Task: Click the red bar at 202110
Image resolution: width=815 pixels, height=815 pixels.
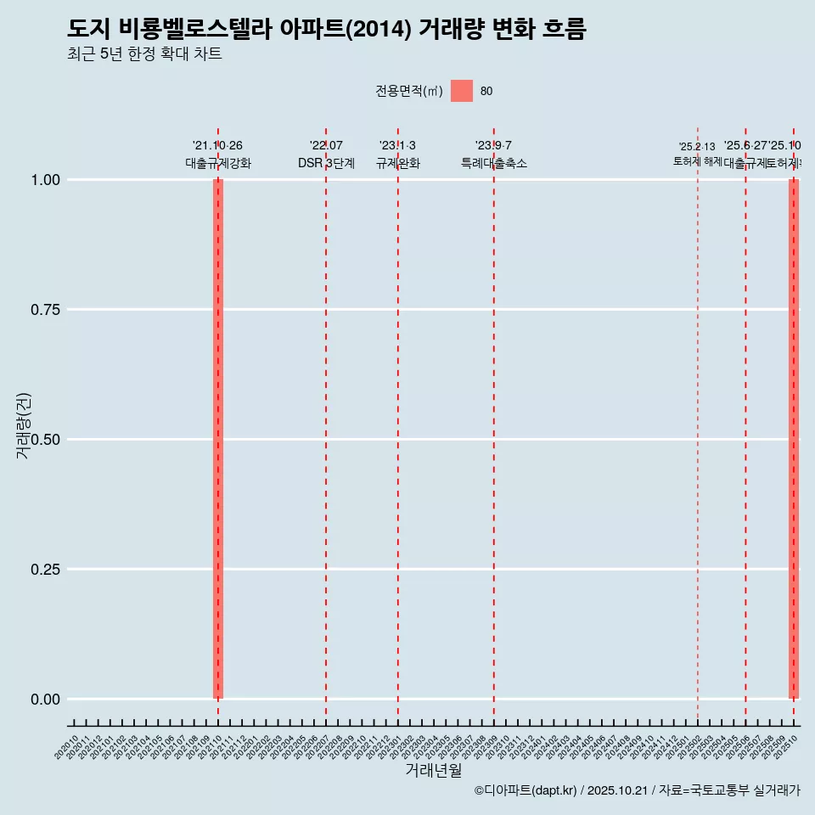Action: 218,439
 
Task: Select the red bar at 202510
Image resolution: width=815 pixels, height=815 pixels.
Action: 794,439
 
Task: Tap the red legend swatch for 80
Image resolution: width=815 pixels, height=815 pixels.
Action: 462,91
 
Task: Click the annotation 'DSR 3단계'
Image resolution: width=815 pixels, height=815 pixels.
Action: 326,163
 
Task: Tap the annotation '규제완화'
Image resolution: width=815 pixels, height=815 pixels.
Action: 398,163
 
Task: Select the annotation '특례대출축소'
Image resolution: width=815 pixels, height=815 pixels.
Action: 494,163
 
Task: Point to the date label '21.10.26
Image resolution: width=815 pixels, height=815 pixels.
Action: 218,146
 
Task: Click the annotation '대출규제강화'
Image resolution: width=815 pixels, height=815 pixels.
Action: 218,163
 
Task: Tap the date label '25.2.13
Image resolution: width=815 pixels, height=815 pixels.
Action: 697,147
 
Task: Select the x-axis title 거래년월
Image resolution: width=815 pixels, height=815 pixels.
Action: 433,771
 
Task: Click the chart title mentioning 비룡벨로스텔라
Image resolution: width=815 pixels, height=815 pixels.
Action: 327,29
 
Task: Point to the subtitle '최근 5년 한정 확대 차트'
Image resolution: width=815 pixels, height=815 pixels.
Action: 144,54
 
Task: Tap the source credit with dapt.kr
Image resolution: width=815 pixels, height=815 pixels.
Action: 637,790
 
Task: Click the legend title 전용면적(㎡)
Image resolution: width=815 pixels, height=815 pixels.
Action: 409,91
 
